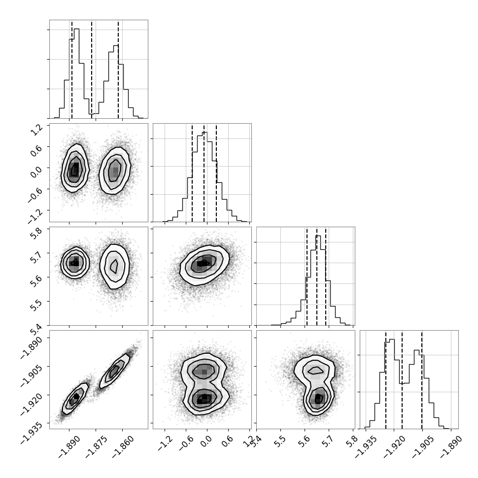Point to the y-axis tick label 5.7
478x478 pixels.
[35, 258]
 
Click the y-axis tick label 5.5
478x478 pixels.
[35, 306]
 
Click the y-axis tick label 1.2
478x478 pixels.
[35, 131]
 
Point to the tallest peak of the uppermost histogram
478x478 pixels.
[76, 29]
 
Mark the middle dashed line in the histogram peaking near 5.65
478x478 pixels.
[317, 276]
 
